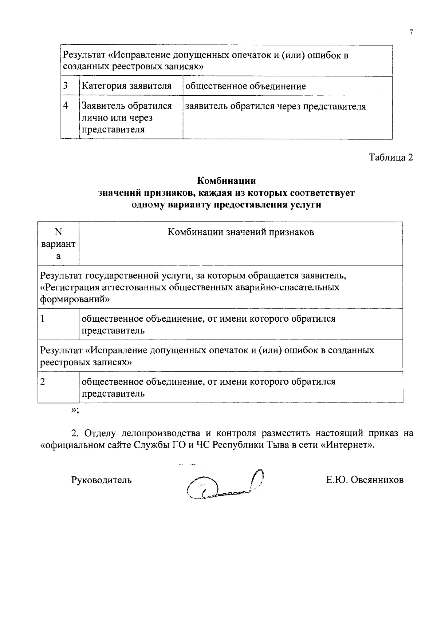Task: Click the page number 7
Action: click(x=411, y=32)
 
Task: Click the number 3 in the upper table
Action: click(x=66, y=86)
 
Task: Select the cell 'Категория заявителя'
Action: click(x=126, y=86)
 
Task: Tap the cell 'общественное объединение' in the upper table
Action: click(x=246, y=86)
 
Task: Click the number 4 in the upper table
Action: click(x=66, y=106)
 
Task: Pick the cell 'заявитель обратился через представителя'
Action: click(x=276, y=106)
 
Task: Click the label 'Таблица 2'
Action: click(x=391, y=158)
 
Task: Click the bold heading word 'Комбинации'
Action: click(x=226, y=180)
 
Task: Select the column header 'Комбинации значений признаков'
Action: click(x=241, y=232)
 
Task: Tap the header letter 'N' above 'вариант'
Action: click(x=58, y=232)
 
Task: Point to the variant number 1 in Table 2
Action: click(x=43, y=319)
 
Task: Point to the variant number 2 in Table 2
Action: click(x=43, y=382)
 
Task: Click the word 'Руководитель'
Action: click(x=101, y=480)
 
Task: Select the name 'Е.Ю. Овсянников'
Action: click(x=365, y=480)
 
